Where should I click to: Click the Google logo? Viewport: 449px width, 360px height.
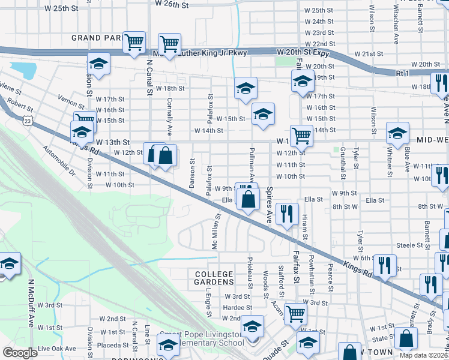[20, 353]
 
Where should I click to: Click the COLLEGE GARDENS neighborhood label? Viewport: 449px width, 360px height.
[214, 278]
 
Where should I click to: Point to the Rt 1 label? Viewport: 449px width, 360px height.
[402, 73]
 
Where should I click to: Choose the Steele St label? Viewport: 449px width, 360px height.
[411, 245]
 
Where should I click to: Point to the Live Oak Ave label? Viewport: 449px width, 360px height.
[57, 349]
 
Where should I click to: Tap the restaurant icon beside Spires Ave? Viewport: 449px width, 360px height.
[286, 214]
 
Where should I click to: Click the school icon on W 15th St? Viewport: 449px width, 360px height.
[263, 113]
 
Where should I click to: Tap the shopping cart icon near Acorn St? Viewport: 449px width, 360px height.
[295, 313]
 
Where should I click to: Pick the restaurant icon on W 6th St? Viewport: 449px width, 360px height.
[384, 265]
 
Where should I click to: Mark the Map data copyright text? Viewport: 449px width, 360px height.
[423, 355]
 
